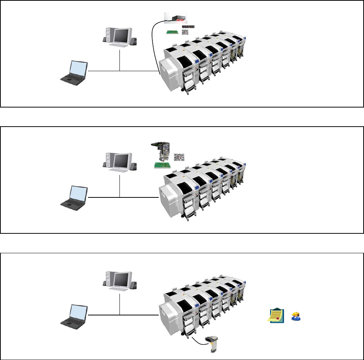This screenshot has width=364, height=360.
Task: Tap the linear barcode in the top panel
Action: click(x=189, y=27)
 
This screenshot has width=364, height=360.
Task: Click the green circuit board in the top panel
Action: click(x=173, y=32)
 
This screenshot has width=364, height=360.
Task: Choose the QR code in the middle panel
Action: click(x=179, y=157)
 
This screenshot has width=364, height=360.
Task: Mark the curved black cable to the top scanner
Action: click(x=154, y=41)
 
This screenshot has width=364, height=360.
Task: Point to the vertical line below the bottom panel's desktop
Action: click(x=119, y=304)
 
